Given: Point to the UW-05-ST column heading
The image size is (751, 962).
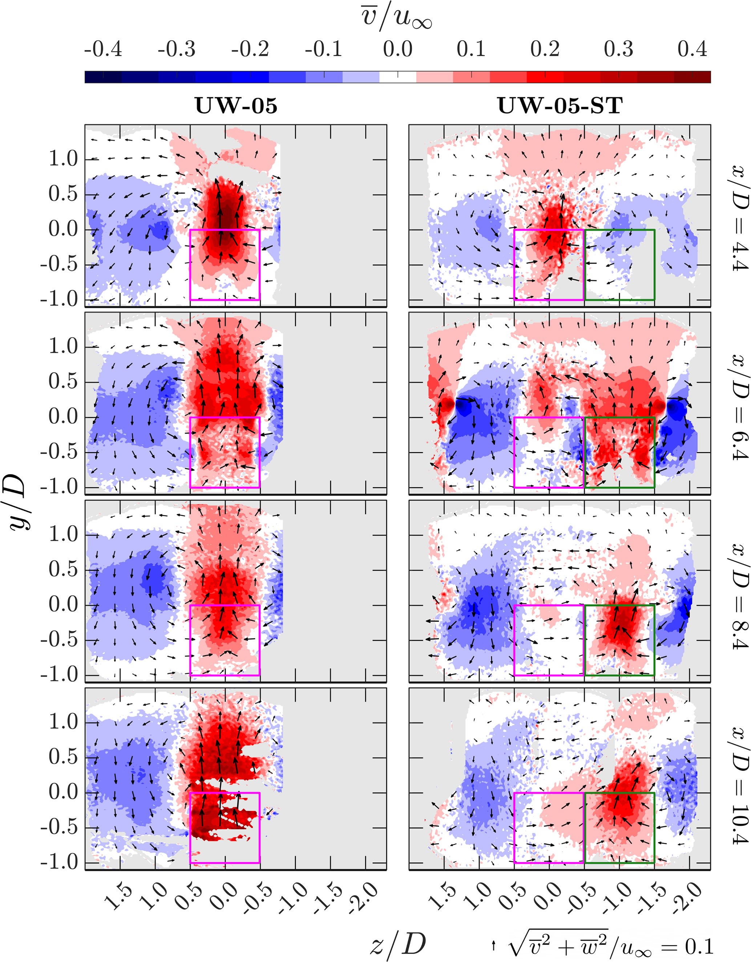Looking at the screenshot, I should click(560, 106).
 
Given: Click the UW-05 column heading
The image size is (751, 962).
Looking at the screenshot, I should click(236, 106).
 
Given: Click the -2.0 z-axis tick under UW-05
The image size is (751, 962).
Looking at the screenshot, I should click(363, 895).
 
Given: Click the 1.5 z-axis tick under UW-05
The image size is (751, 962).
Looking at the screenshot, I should click(118, 895).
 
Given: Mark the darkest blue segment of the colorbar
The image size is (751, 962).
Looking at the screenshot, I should click(103, 77).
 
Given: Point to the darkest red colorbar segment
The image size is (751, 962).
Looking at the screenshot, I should click(692, 77).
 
